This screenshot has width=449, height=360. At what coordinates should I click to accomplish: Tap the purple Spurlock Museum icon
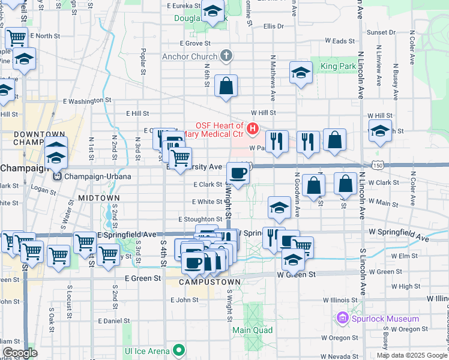click(x=343, y=317)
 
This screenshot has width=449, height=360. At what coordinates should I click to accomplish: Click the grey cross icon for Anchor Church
click(x=226, y=57)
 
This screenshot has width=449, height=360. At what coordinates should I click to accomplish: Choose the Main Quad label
click(x=252, y=330)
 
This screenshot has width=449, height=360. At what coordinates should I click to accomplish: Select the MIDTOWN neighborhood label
click(x=99, y=197)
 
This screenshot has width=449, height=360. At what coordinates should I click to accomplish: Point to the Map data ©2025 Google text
click(x=412, y=355)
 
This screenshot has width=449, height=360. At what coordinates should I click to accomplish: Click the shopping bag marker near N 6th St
click(x=226, y=86)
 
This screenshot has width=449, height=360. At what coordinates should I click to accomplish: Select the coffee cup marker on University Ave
click(x=238, y=173)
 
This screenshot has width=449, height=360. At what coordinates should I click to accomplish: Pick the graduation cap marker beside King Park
click(x=301, y=73)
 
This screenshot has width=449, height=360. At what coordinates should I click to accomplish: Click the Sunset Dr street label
click(x=381, y=32)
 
